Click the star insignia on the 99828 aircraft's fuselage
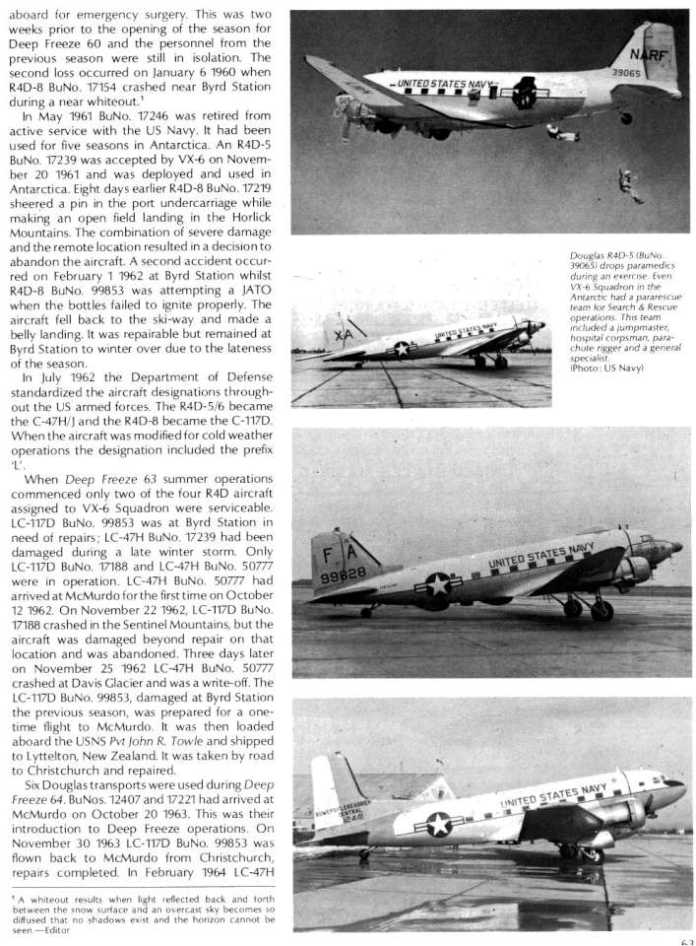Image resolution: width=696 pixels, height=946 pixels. tap(438, 584)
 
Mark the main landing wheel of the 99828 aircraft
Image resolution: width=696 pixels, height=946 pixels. tap(600, 610)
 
